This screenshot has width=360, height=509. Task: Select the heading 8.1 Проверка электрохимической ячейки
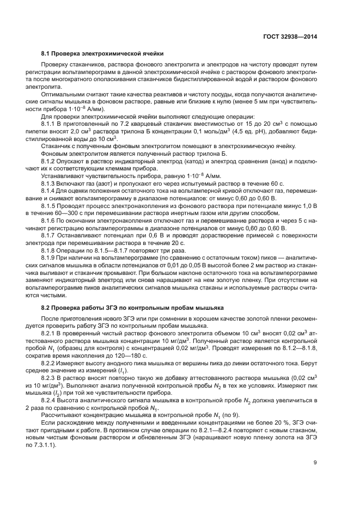(102, 53)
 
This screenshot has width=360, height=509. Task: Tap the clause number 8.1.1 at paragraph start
(50, 124)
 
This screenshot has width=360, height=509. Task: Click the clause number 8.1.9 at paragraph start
(50, 257)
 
